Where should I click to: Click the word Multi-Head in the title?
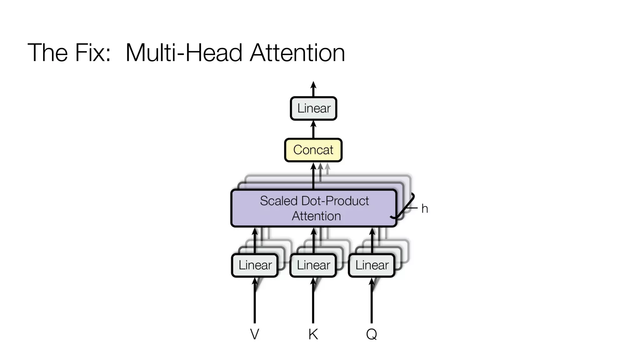tap(184, 52)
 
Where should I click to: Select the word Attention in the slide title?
tap(297, 52)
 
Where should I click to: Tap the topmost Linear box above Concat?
tap(313, 108)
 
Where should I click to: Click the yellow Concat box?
tap(313, 150)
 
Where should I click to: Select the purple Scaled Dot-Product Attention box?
tap(314, 208)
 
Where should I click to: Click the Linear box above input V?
tap(255, 265)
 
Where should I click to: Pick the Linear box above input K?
tap(313, 265)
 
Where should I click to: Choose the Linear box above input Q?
tap(372, 265)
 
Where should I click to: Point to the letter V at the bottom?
tap(255, 334)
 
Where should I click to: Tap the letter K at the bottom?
tap(313, 334)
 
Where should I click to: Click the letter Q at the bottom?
tap(372, 334)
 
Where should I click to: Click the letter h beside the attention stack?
tap(424, 208)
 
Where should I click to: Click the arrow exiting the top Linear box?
tap(313, 89)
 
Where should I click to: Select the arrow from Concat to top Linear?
tap(313, 129)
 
